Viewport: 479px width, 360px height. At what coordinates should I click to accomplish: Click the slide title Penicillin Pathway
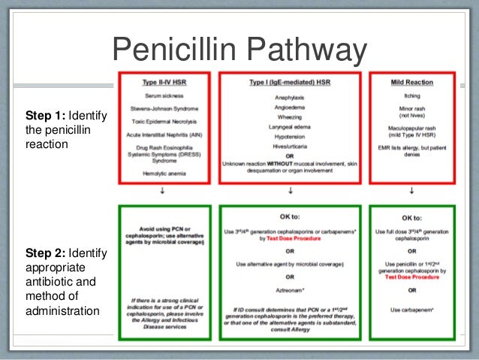coord(239,51)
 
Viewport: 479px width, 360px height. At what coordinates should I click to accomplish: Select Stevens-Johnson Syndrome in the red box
coord(163,109)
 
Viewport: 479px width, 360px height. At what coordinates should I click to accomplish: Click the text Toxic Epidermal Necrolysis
coord(163,121)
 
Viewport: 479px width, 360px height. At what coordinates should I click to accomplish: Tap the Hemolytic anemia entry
coord(163,173)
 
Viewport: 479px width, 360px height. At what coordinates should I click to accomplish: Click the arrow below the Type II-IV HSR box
coord(163,191)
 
